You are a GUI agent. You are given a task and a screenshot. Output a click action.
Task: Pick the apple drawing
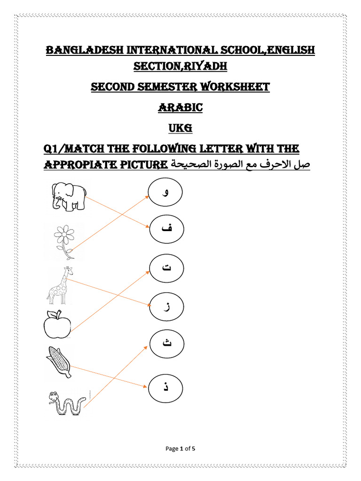(57, 325)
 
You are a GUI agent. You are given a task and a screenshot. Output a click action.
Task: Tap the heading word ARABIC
(180, 108)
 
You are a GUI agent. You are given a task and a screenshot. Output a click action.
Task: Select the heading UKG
(180, 128)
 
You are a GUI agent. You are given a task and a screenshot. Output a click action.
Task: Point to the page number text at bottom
(180, 449)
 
